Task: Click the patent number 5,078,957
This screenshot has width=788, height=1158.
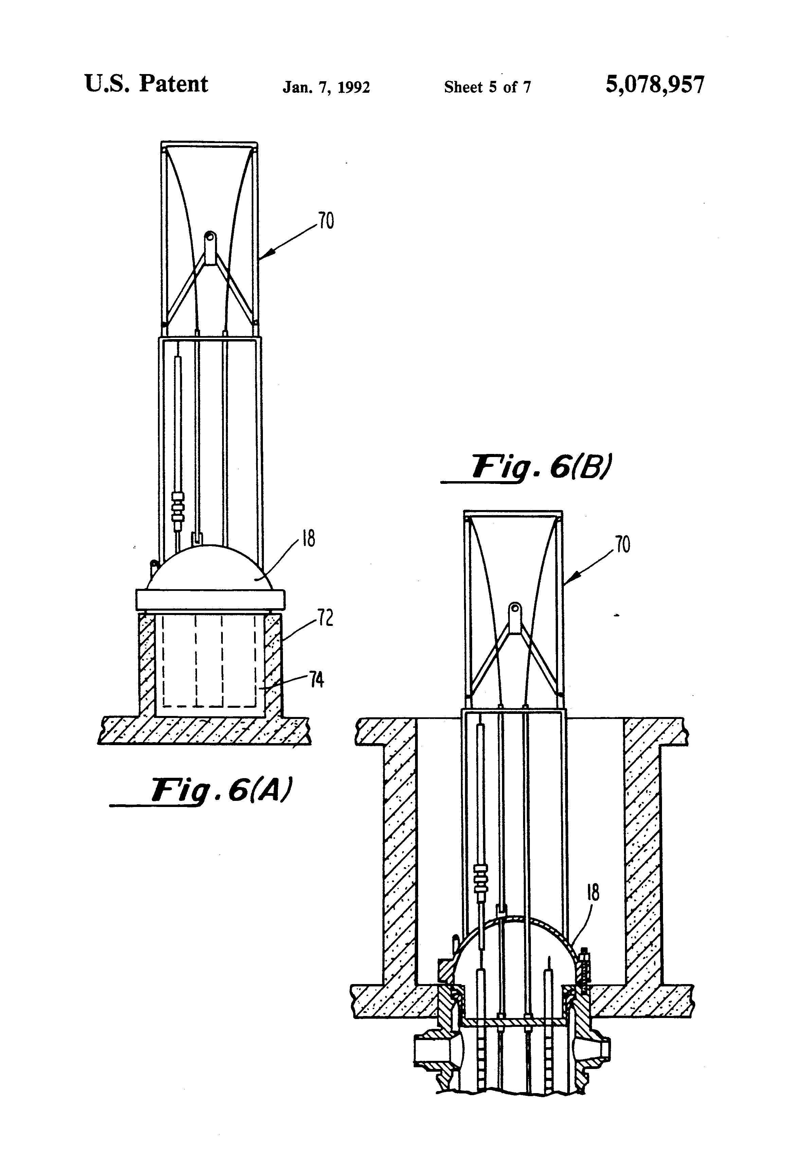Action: pos(655,85)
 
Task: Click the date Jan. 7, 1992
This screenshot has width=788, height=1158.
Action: pos(326,88)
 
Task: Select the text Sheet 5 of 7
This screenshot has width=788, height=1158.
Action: pos(487,88)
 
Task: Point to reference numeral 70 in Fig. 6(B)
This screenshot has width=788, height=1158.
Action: pos(623,545)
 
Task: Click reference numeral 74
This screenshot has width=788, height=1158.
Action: pos(317,680)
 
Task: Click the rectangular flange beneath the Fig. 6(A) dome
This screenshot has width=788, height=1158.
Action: pos(210,599)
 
